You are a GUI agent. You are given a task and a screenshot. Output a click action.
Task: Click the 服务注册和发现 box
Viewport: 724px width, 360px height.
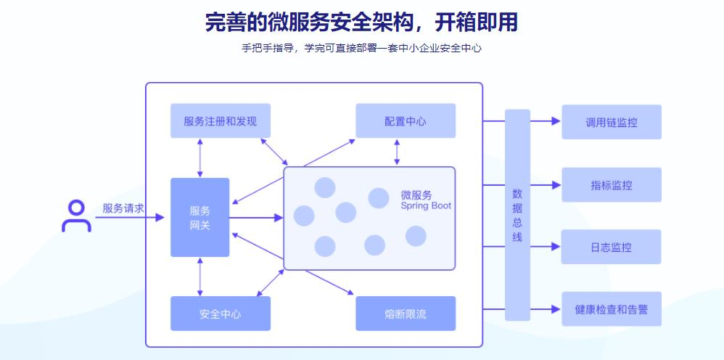(x=221, y=121)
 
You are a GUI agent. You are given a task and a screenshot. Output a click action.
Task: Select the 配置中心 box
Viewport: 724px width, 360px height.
(x=406, y=121)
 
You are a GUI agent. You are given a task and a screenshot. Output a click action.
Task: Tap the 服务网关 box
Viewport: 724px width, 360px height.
(x=199, y=218)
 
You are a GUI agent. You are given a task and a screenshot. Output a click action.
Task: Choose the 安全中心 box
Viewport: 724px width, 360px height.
(x=221, y=314)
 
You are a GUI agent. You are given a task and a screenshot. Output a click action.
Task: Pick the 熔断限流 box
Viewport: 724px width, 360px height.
(x=406, y=314)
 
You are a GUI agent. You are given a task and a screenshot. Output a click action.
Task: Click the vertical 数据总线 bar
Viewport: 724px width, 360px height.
(x=517, y=215)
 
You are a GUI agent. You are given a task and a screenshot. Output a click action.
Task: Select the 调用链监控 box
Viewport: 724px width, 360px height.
(x=612, y=122)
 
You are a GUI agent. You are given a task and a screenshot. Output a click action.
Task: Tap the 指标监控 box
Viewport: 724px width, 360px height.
(x=612, y=185)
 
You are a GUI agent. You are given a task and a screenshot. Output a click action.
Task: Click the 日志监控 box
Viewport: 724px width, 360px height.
(x=612, y=247)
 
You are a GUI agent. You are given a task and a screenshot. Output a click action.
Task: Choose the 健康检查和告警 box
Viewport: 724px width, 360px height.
(x=612, y=310)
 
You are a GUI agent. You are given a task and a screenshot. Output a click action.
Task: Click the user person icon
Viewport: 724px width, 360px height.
(x=76, y=216)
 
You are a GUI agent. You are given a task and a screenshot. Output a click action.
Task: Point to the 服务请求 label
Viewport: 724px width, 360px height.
(x=123, y=208)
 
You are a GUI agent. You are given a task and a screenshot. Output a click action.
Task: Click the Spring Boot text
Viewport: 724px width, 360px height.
(x=426, y=206)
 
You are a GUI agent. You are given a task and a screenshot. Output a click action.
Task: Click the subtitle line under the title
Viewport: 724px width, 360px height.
(x=361, y=49)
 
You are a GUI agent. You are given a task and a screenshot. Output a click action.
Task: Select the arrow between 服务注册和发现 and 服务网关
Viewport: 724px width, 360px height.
(x=200, y=157)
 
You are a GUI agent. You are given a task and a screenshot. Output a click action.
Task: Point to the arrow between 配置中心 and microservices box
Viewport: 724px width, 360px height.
(x=396, y=152)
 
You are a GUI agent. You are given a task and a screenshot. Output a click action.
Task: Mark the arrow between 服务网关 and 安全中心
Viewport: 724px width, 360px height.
(x=200, y=277)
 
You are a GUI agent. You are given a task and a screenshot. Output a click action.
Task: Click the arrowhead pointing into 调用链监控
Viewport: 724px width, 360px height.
(x=556, y=122)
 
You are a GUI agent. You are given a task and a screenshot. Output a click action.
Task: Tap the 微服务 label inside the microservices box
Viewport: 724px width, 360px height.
(x=416, y=195)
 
